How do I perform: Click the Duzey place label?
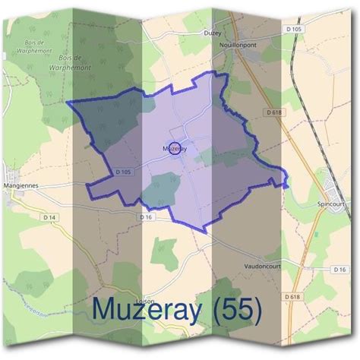pos(212,33)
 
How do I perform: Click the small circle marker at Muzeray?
pos(174,149)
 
